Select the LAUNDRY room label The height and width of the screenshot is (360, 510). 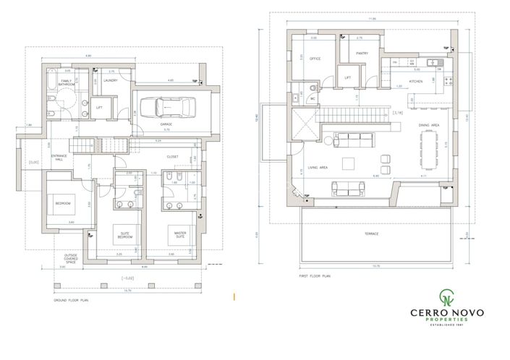tap(111, 81)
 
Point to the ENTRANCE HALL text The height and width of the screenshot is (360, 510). tap(61, 158)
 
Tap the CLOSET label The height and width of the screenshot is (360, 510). tap(172, 156)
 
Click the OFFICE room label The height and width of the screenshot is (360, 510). tap(315, 59)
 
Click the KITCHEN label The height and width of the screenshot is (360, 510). tap(415, 82)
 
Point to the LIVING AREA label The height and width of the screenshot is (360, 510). tap(318, 167)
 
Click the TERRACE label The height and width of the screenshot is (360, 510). tap(372, 234)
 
